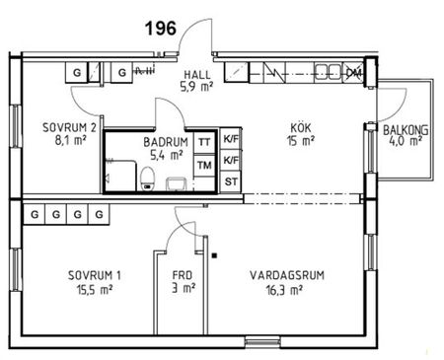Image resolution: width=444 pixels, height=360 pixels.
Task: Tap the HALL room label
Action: pyautogui.click(x=202, y=75)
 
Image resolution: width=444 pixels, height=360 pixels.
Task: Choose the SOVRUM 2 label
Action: pyautogui.click(x=68, y=128)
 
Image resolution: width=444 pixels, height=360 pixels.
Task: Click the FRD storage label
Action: pyautogui.click(x=183, y=275)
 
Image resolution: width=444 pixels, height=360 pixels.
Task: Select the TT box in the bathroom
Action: pyautogui.click(x=204, y=142)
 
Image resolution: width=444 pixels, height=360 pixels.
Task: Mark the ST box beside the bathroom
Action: pyautogui.click(x=232, y=181)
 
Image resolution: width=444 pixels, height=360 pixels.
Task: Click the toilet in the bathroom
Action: pyautogui.click(x=147, y=178)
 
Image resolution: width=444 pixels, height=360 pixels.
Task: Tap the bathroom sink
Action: pyautogui.click(x=178, y=182)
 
